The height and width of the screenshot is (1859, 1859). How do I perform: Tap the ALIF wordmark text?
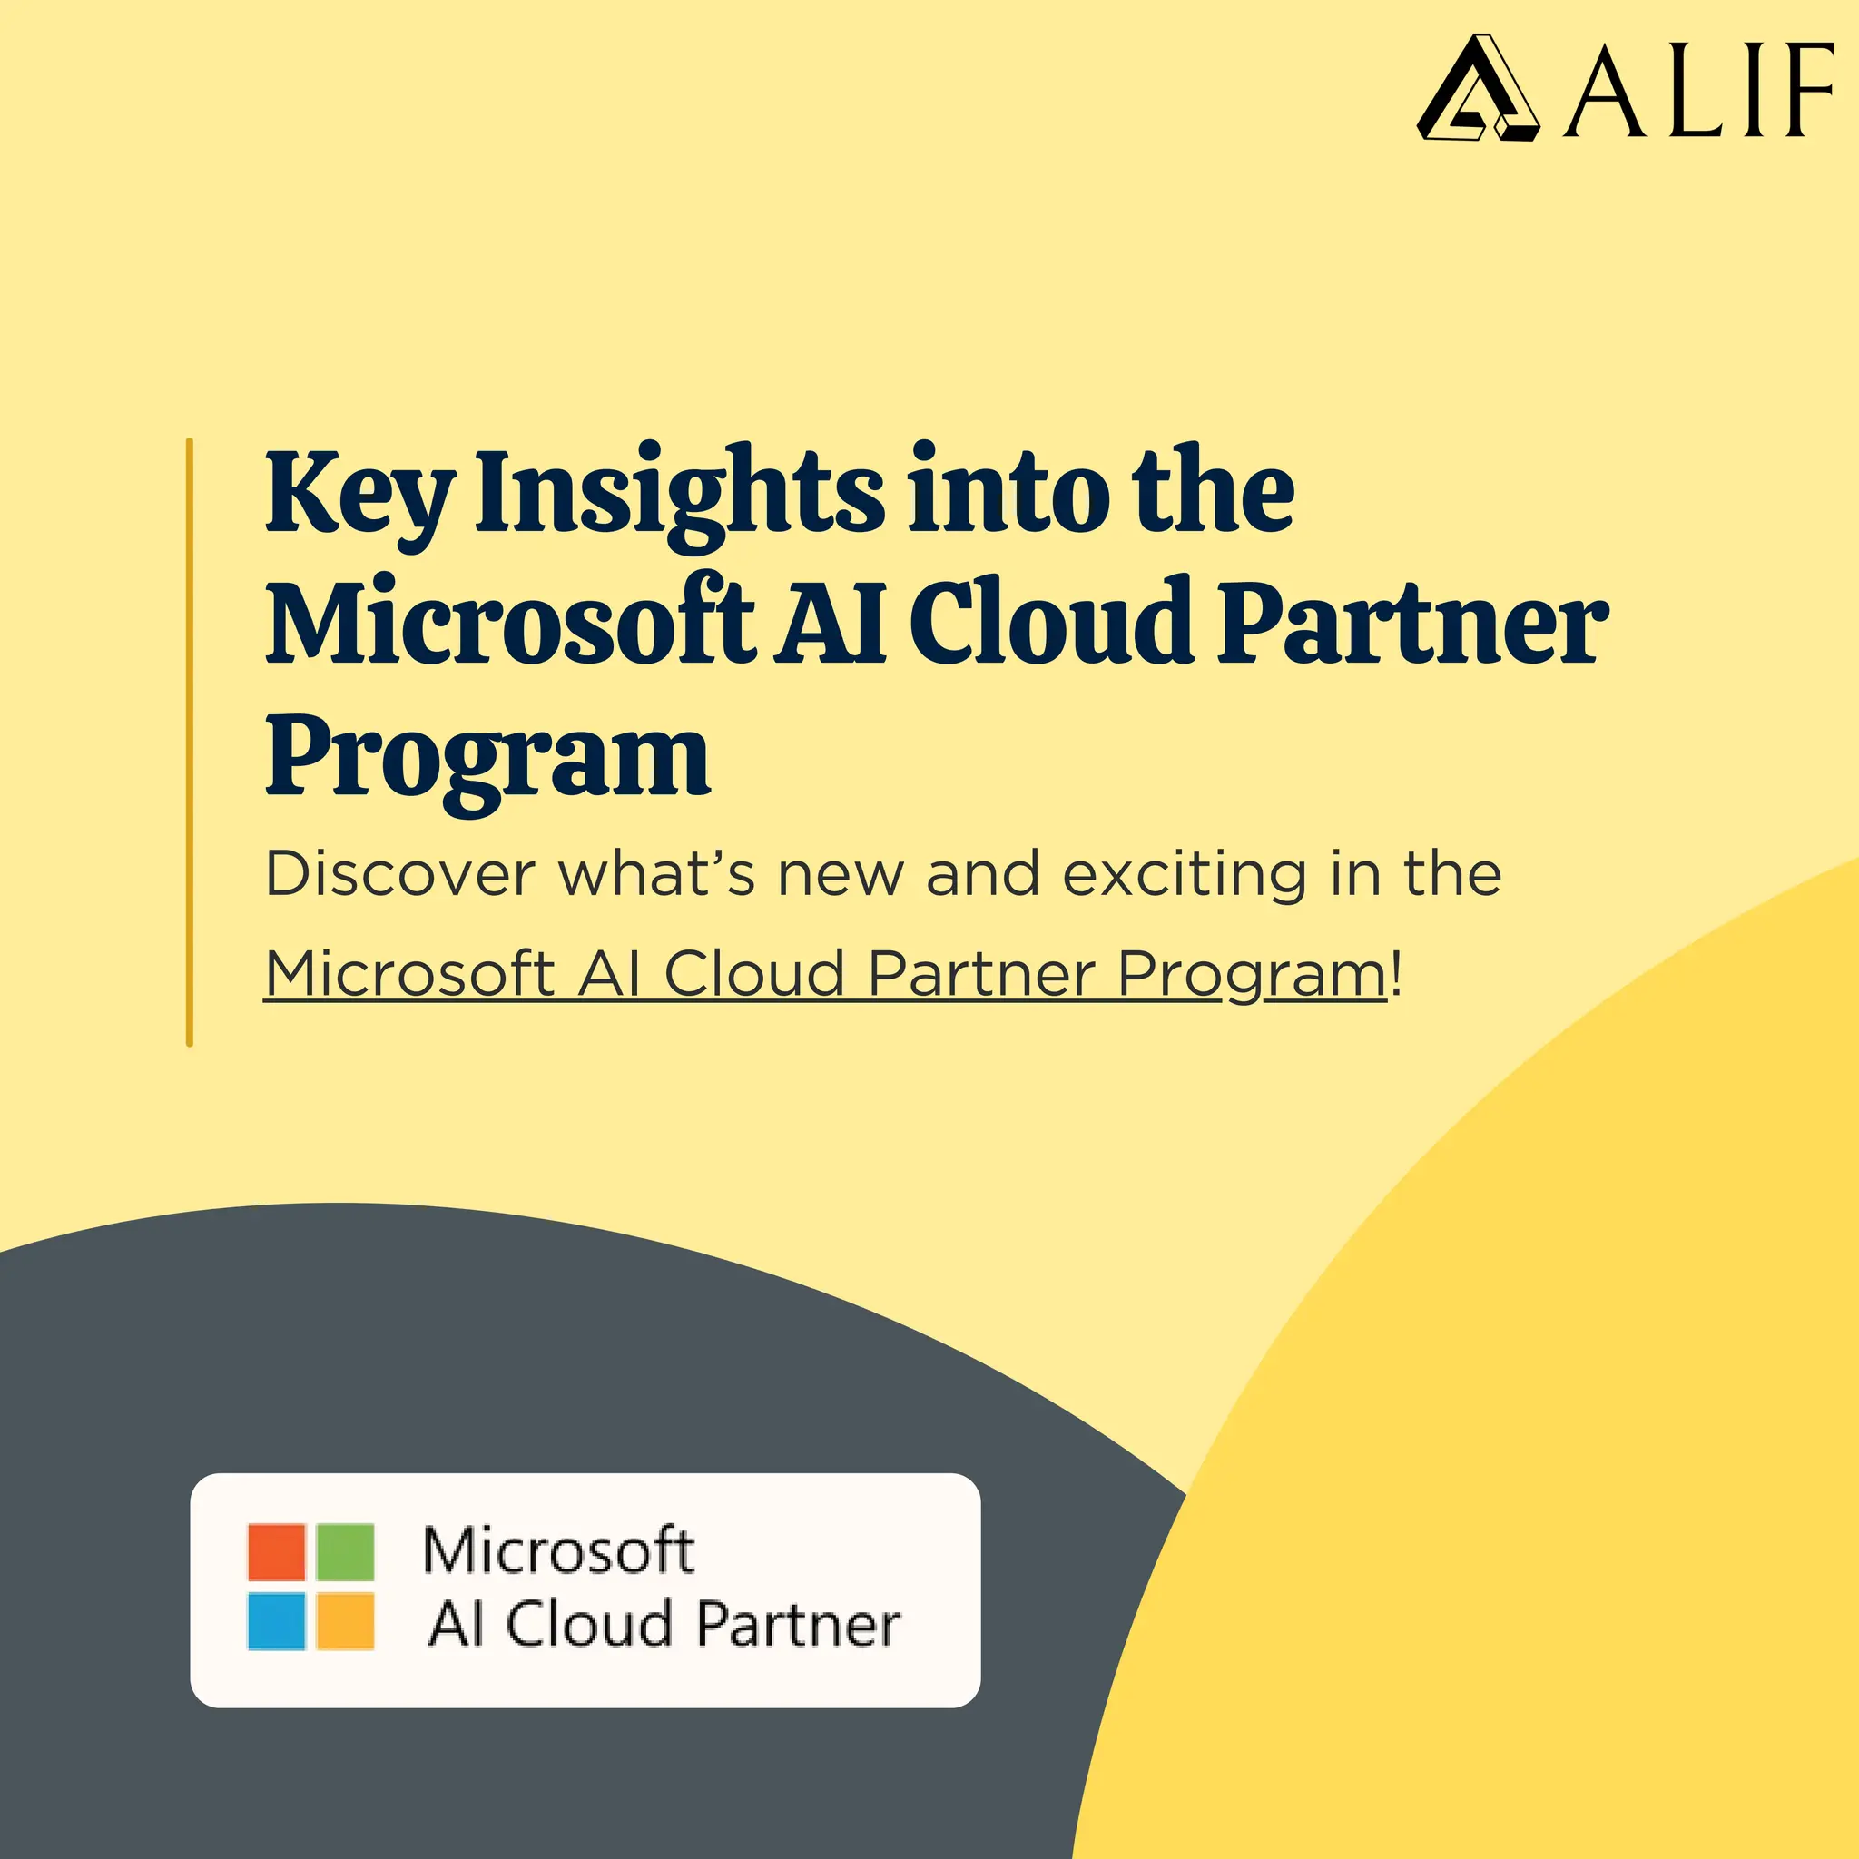[1698, 92]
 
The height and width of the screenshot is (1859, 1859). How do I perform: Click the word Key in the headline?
[358, 495]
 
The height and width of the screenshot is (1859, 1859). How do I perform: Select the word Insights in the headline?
[679, 495]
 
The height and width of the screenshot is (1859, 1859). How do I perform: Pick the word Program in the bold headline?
[487, 758]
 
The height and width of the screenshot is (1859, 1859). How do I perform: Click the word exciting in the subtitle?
[1185, 876]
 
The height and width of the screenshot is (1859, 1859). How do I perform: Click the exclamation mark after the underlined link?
[1397, 973]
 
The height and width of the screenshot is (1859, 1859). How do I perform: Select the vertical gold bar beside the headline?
[190, 742]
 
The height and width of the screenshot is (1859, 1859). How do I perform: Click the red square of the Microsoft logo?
[276, 1551]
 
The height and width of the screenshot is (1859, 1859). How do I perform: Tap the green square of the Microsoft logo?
[344, 1551]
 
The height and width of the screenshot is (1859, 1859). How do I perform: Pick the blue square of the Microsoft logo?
[276, 1621]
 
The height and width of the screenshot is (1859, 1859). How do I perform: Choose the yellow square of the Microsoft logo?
[344, 1621]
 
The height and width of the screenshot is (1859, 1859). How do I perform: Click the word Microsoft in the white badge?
[558, 1551]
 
